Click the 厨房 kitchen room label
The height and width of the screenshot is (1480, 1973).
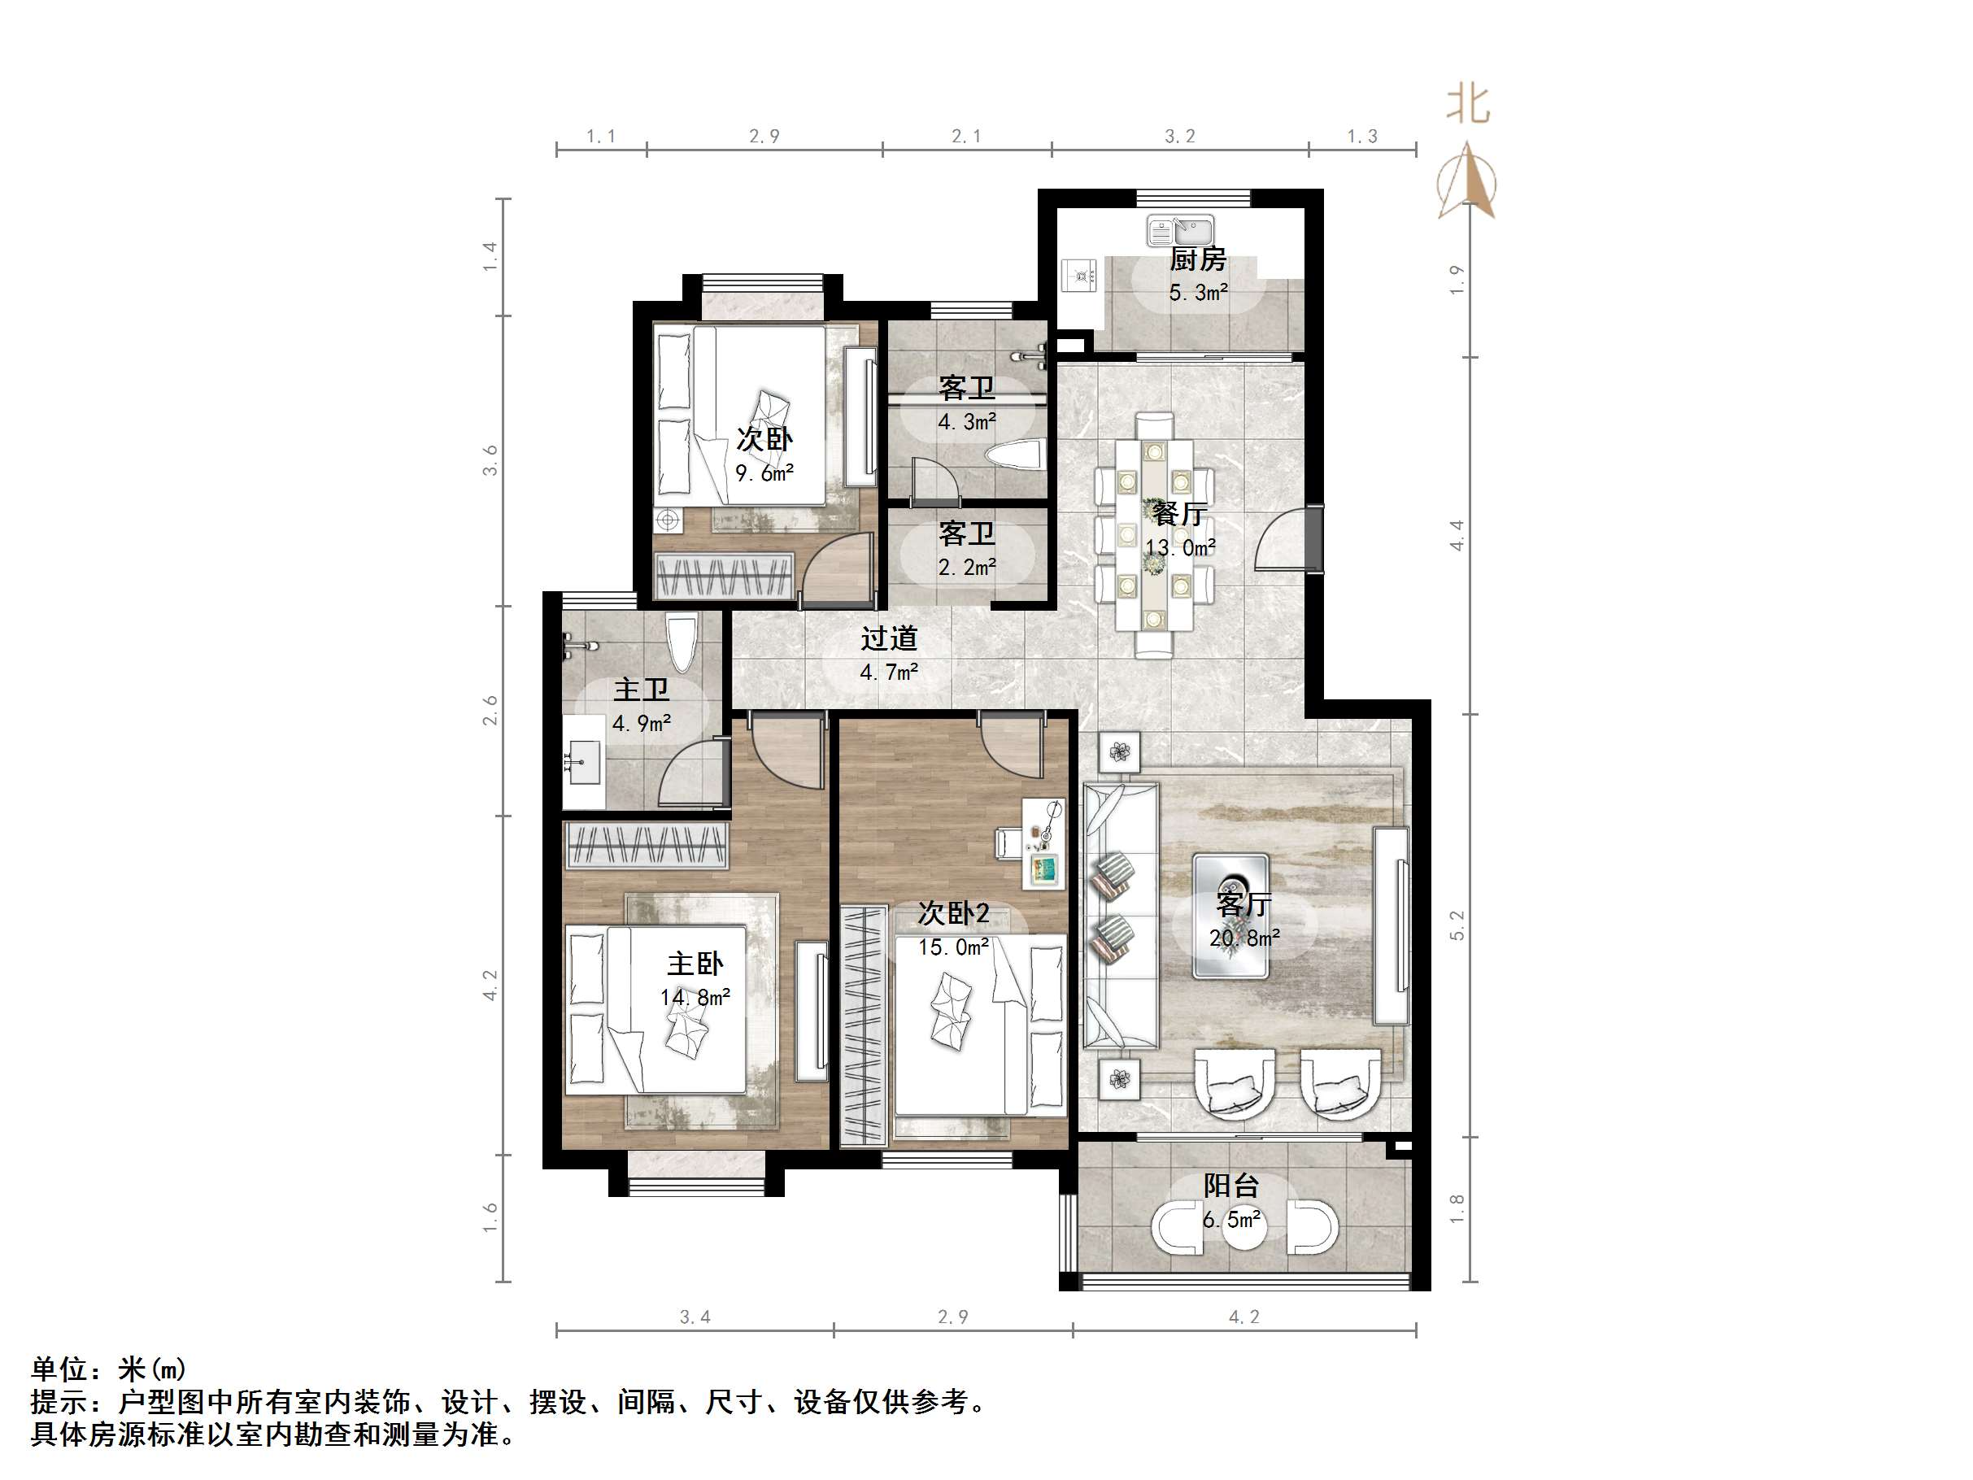1198,259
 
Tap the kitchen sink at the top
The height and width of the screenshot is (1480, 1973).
1179,232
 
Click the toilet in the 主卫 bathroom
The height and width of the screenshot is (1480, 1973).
682,645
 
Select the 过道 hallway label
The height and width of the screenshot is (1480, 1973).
889,638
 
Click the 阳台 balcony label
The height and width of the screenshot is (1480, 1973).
1231,1186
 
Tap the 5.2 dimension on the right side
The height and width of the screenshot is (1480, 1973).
1457,925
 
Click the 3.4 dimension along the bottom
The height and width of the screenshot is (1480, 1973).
695,1317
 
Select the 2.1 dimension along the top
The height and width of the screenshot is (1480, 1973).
966,137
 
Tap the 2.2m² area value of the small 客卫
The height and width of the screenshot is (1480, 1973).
967,568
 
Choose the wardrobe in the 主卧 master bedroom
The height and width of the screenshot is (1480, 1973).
647,845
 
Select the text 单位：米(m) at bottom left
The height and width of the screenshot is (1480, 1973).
109,1369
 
